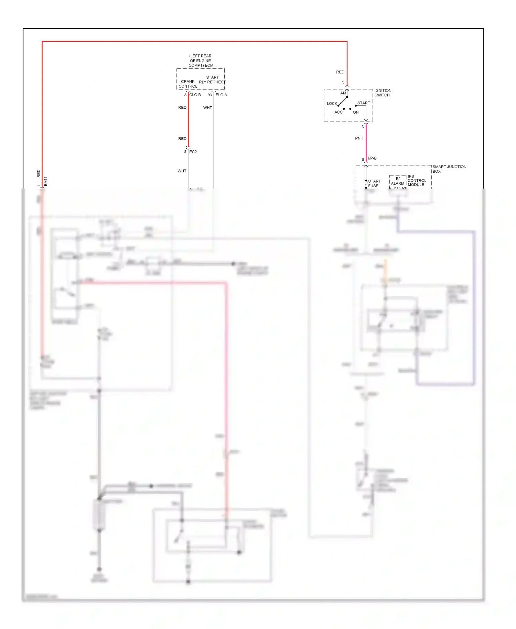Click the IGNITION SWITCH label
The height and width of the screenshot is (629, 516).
point(383,93)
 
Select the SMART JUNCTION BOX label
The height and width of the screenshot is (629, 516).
point(449,169)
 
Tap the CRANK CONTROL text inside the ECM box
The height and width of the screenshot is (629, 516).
point(188,84)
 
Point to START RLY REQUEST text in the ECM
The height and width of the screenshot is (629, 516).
point(212,80)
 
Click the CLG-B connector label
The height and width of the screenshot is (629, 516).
point(195,95)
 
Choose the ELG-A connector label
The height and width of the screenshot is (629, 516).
point(221,95)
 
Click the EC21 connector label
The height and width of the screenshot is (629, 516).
point(194,152)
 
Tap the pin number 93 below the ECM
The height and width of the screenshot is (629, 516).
point(209,95)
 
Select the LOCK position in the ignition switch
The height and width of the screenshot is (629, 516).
point(332,104)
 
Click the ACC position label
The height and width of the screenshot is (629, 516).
point(338,112)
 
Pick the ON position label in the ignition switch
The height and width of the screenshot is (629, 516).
point(356,113)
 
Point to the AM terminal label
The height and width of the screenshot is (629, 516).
point(343,93)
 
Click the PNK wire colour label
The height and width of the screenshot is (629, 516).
point(359,138)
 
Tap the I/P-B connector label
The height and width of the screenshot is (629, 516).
point(372,158)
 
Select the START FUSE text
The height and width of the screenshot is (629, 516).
point(374,183)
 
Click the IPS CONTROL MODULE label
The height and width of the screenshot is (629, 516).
point(417,181)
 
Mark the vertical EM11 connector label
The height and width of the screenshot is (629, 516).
point(46,181)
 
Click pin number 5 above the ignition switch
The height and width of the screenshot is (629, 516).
point(343,82)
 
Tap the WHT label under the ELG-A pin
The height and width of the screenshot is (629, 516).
point(207,108)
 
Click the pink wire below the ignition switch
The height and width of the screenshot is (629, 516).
point(366,141)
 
